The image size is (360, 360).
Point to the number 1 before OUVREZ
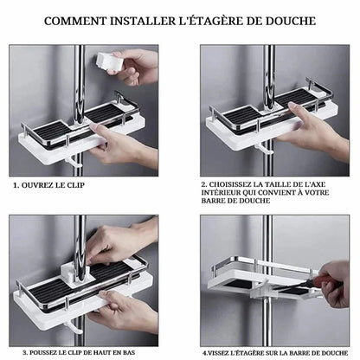[16, 184]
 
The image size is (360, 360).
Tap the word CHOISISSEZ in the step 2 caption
[235, 184]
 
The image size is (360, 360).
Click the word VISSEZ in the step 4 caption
[222, 352]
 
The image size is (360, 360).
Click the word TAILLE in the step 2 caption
[279, 184]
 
